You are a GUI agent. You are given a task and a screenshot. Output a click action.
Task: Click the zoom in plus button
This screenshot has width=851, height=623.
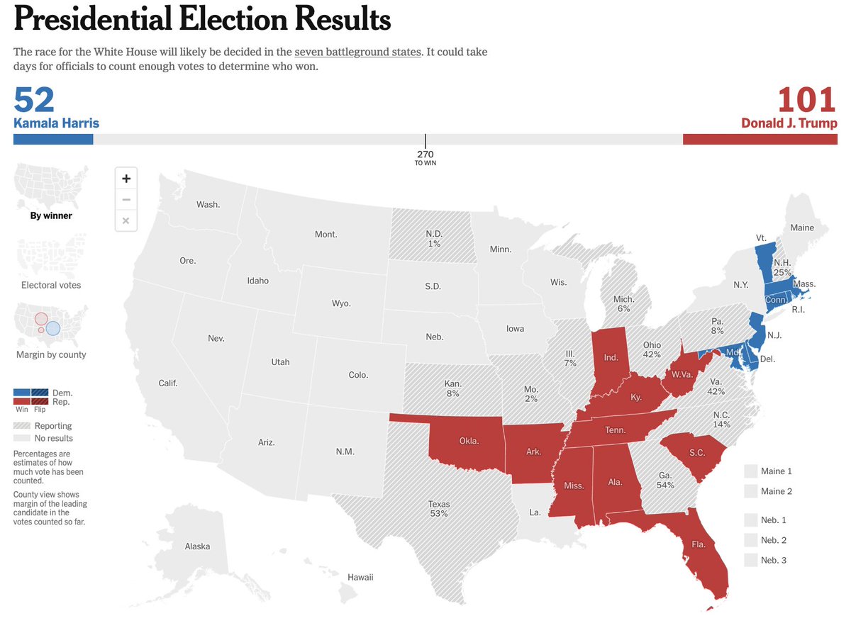pos(126,179)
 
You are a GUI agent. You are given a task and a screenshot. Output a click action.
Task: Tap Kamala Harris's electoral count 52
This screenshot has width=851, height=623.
pos(34,100)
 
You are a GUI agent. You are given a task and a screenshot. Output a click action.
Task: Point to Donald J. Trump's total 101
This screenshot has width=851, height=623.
pos(807,100)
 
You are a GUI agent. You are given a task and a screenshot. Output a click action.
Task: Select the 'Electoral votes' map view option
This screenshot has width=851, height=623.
pos(51,285)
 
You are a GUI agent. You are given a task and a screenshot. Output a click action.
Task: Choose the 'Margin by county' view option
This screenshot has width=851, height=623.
pos(51,354)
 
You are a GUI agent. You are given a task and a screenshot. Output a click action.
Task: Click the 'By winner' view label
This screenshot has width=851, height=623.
pos(51,215)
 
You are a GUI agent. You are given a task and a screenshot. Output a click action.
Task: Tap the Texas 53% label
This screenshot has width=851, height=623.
pos(438,509)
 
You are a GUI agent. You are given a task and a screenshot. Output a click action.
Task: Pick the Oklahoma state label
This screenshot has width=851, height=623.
pos(469,441)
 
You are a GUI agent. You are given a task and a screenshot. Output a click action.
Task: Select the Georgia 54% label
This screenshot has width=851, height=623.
pos(665,481)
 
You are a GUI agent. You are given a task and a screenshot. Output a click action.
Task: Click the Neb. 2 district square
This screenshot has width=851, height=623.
pos(750,540)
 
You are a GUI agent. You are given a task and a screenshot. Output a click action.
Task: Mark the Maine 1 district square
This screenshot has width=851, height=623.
pos(750,471)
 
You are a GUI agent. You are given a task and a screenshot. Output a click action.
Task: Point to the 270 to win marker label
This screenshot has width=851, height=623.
pos(425,157)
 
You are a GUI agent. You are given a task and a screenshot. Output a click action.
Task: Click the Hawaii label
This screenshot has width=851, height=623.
pos(360,577)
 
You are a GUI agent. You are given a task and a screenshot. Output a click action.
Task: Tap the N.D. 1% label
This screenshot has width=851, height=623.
pos(434,238)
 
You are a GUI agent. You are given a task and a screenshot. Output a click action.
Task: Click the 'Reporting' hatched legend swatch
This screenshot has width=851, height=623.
pos(22,426)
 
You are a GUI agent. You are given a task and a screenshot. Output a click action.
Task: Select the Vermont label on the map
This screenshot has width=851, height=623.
pos(761,238)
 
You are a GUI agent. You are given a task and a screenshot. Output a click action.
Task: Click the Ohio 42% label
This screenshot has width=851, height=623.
pos(652,349)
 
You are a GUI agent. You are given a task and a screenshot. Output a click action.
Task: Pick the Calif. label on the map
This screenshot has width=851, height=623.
pos(168,383)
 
